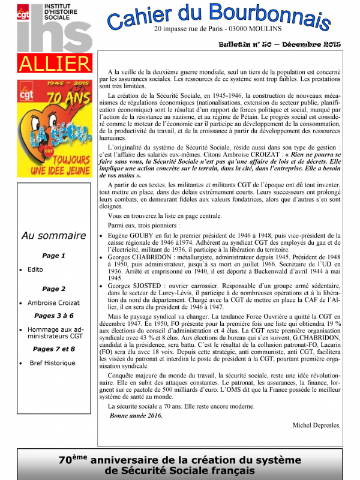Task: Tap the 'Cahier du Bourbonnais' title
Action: (218, 16)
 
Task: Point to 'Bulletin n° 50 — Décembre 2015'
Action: (279, 45)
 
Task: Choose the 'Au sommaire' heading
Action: (53, 236)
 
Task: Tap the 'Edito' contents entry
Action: (35, 269)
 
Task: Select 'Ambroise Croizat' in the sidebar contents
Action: (53, 303)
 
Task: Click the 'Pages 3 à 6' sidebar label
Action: (53, 315)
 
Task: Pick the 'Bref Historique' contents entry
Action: (53, 363)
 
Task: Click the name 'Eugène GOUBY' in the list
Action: (129, 235)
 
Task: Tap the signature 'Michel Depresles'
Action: (316, 425)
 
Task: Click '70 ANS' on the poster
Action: (71, 98)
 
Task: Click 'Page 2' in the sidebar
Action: (53, 289)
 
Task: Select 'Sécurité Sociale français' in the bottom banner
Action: (180, 471)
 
